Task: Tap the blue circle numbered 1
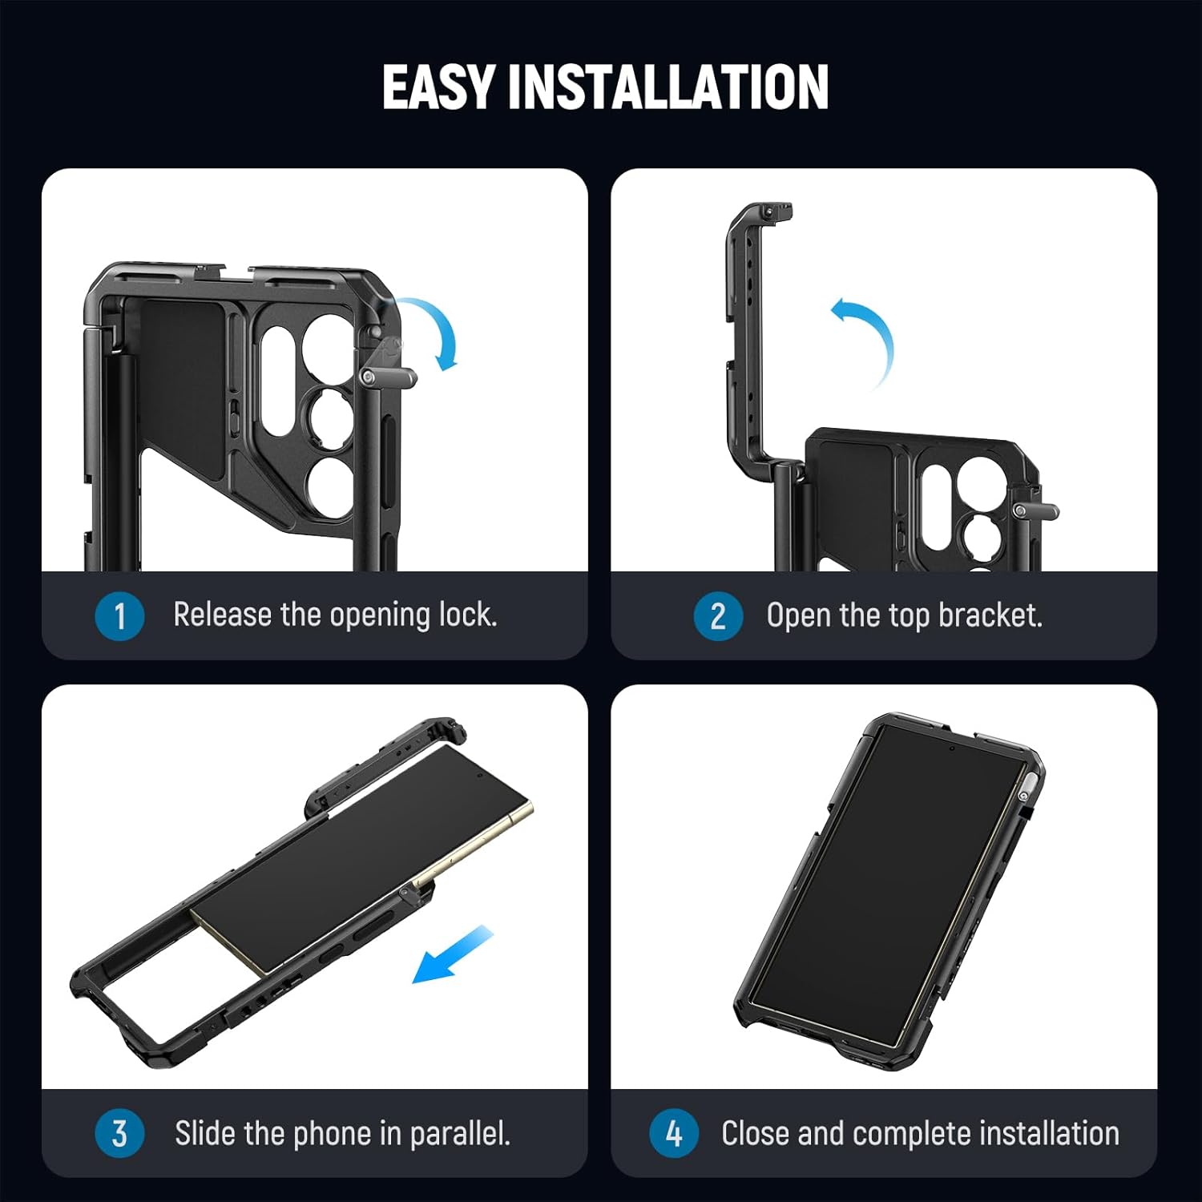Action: coord(119,616)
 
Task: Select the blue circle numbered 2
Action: coord(718,616)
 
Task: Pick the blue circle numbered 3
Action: coord(119,1133)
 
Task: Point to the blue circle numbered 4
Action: coord(674,1133)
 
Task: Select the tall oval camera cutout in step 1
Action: coord(277,381)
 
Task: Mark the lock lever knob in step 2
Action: coord(1038,511)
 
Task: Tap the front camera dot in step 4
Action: coord(951,748)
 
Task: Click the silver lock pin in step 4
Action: coord(1023,795)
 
